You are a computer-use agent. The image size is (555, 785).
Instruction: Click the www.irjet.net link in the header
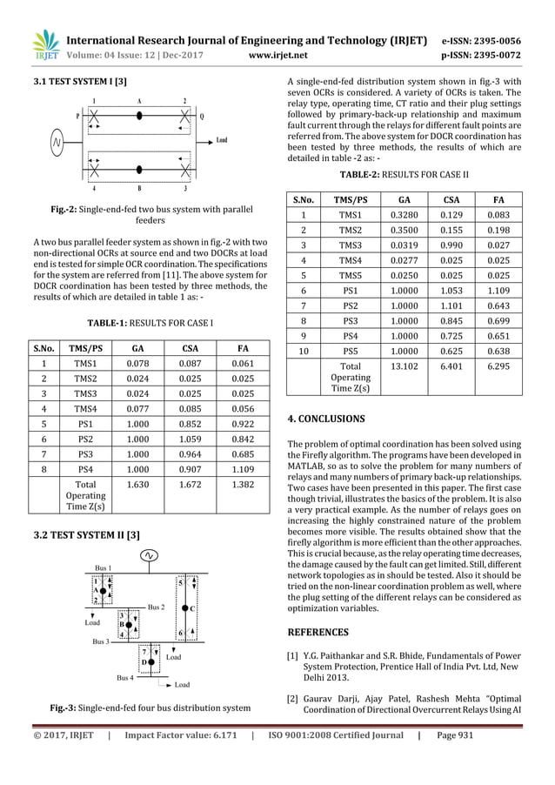click(x=276, y=54)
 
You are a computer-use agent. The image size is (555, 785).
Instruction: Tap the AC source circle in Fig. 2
click(x=58, y=140)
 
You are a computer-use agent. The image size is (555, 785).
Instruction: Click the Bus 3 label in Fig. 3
click(x=100, y=641)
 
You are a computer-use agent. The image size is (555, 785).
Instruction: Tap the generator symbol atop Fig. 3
click(x=149, y=554)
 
